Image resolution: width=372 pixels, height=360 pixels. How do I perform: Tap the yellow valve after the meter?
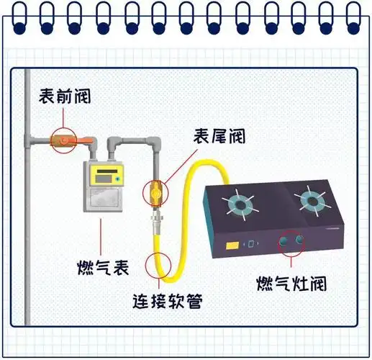[156, 192]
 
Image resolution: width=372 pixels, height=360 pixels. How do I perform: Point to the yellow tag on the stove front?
[233, 246]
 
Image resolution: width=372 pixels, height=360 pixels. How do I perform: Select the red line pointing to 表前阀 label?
[62, 119]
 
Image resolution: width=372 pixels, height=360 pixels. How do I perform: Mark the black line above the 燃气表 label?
[102, 235]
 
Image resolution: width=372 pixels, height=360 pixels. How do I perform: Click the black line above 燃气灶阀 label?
[291, 263]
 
